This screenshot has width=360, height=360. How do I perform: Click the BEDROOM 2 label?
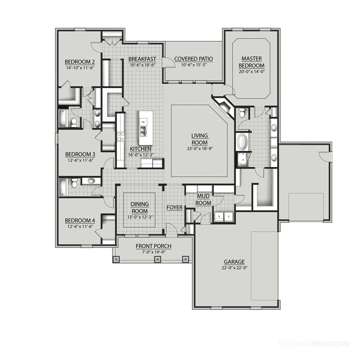click(x=79, y=62)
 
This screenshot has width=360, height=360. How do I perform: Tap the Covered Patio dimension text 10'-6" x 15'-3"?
click(x=193, y=65)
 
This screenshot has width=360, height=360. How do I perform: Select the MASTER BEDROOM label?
click(x=252, y=62)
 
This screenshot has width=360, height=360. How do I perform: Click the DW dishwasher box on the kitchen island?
click(x=143, y=122)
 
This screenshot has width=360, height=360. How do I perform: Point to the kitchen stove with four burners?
click(x=121, y=136)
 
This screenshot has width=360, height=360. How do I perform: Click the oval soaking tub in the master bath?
click(x=242, y=141)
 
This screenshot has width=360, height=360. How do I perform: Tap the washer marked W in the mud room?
click(x=219, y=216)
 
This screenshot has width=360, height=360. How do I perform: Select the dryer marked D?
click(x=228, y=216)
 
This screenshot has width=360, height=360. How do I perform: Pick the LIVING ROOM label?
click(x=199, y=139)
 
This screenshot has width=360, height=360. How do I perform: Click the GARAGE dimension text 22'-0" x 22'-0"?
click(x=234, y=268)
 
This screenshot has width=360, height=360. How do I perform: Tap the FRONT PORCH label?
click(x=153, y=246)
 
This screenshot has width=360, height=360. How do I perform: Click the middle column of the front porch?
click(x=157, y=259)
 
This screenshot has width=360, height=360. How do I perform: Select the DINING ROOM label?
click(x=139, y=207)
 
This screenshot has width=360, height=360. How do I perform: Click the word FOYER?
click(x=174, y=207)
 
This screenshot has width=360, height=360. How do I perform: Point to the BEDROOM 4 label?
click(x=80, y=220)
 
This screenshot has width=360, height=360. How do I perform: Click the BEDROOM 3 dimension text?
click(x=80, y=160)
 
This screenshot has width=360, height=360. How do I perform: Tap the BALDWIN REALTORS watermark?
click(x=315, y=344)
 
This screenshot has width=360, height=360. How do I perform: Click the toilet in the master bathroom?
click(x=242, y=113)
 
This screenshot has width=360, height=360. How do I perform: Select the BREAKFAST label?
click(x=142, y=59)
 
